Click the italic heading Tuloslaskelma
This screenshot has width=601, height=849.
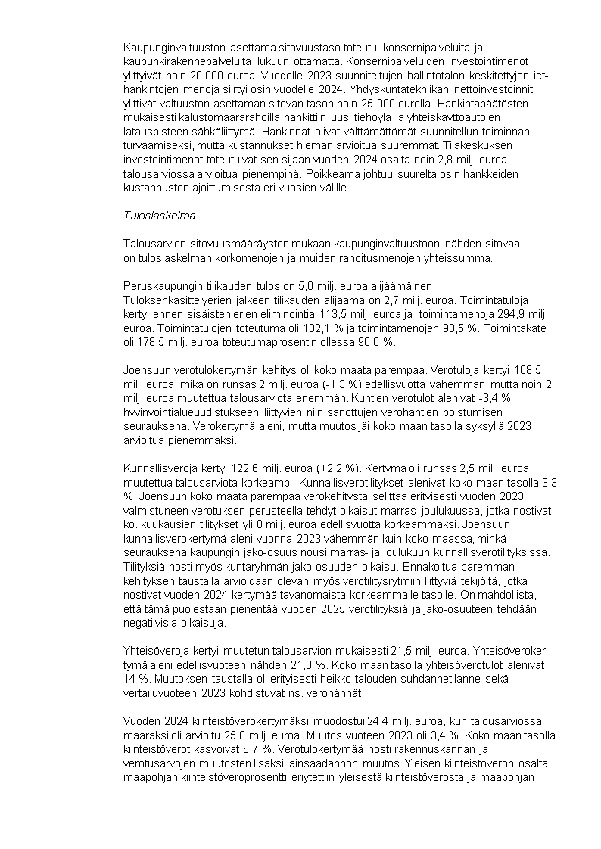[x=159, y=216]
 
